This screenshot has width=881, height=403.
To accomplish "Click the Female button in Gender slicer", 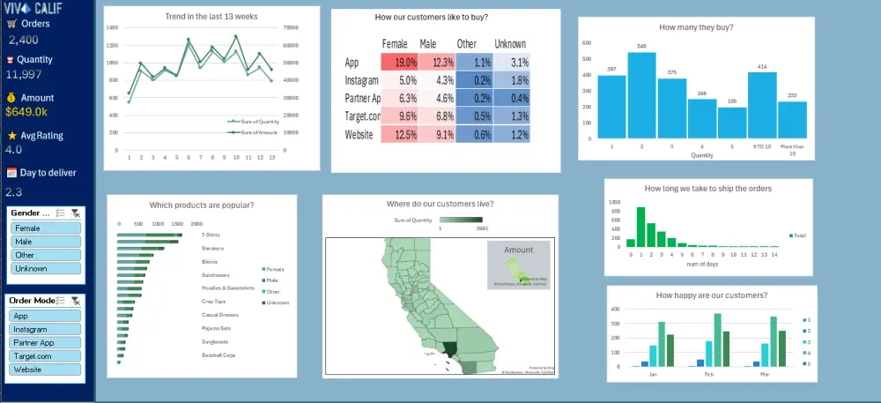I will pos(46,228).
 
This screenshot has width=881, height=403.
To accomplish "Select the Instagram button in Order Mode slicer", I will pos(46,329).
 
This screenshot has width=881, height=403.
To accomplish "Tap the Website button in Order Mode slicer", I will pos(46,369).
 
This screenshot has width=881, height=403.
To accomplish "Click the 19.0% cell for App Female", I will pos(399,63).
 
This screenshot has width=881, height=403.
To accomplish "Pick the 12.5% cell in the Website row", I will pos(399,135).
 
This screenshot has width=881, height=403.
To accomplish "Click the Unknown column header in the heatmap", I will pos(510,44).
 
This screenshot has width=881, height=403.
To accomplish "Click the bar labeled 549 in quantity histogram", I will pos(641,97).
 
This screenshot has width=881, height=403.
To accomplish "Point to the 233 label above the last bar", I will pos(792,95).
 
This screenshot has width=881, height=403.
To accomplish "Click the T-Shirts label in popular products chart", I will pos(211,235).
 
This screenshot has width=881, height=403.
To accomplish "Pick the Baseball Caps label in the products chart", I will pos(218,355).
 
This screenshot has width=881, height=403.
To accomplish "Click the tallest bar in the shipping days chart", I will pos(640,227).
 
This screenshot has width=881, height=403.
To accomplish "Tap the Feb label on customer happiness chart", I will pos(709,373).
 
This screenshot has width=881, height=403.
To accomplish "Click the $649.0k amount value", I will pos(26,112).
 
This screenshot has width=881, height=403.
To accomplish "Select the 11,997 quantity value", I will pos(24,74).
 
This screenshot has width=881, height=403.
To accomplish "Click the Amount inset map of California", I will pos(518,265).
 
